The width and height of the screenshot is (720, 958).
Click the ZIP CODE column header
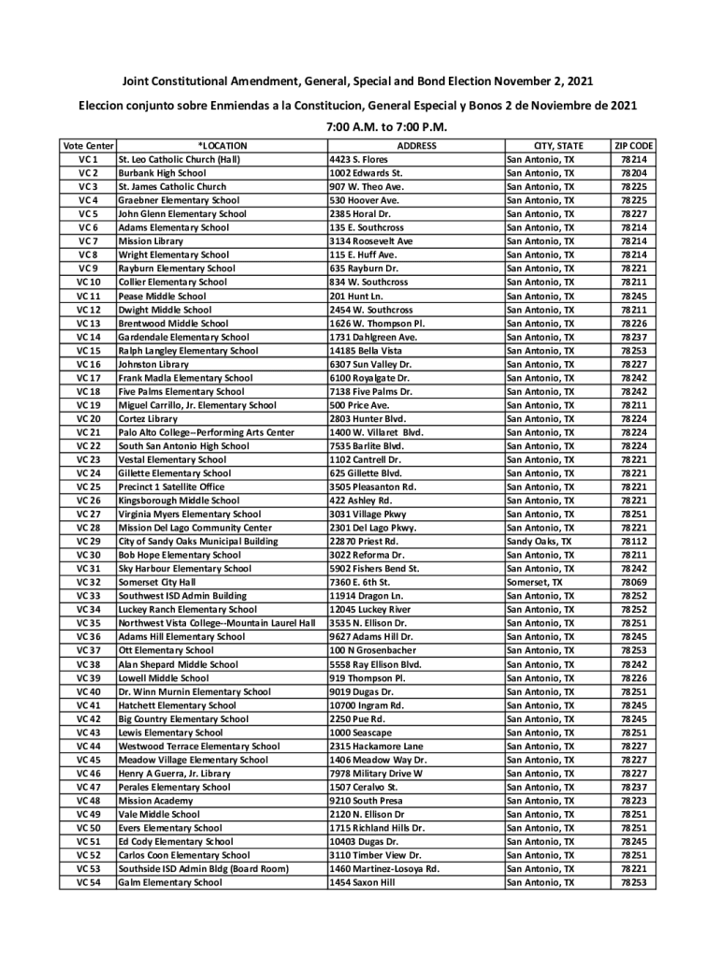[634, 146]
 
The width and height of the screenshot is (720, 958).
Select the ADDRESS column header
[416, 146]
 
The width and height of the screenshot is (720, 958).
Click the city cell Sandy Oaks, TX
[539, 542]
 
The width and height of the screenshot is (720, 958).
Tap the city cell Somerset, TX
[535, 582]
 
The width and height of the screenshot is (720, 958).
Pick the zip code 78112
[634, 542]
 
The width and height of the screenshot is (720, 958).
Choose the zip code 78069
[634, 582]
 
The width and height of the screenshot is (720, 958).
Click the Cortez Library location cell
[148, 419]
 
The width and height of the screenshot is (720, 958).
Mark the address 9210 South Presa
[367, 801]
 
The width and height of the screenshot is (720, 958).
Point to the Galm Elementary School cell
[170, 882]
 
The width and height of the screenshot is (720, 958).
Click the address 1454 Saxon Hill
[363, 882]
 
